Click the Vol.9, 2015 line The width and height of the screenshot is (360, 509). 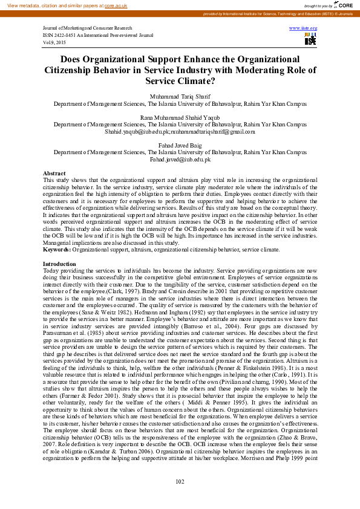54,42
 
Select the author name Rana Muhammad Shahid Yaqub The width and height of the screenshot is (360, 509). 180,117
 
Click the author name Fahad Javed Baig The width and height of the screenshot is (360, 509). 180,145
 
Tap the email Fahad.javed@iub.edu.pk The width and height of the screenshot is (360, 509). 180,159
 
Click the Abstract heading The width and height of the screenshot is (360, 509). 54,173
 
